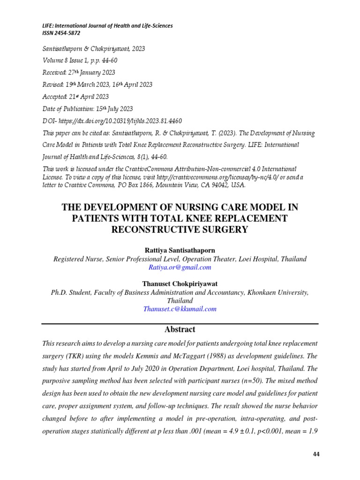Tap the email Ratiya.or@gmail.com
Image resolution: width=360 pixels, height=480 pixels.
180,267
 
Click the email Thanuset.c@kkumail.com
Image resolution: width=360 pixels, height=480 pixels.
180,309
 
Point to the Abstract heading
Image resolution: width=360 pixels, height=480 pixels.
180,329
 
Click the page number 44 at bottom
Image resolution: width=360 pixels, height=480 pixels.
315,455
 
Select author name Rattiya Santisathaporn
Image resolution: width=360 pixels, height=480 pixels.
180,250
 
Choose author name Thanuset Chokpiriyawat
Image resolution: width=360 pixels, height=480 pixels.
180,283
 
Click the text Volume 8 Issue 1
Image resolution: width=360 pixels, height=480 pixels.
64,60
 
